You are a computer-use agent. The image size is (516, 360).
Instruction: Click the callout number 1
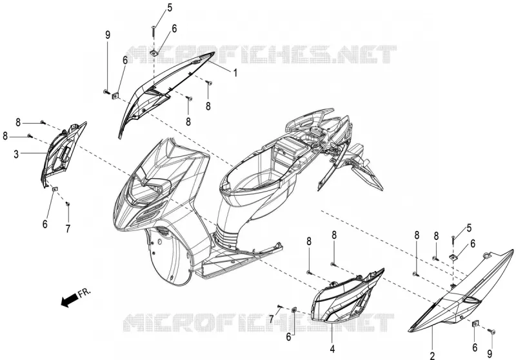(x=235, y=72)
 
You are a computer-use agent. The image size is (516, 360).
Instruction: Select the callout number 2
(x=432, y=355)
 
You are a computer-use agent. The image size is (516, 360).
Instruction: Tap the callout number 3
(x=16, y=154)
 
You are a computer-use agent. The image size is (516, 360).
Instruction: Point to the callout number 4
(x=332, y=349)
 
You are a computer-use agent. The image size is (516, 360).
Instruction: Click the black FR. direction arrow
(x=70, y=300)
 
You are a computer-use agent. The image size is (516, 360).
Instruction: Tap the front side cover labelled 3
(x=63, y=155)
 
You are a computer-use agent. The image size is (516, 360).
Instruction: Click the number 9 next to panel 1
(x=108, y=35)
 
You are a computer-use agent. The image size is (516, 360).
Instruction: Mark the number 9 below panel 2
(x=490, y=354)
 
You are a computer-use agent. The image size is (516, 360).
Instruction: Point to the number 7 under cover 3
(x=68, y=228)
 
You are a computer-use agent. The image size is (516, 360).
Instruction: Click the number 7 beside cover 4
(x=271, y=319)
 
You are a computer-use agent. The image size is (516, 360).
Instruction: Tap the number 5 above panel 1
(x=170, y=7)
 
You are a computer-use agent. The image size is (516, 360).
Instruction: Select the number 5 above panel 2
(x=469, y=228)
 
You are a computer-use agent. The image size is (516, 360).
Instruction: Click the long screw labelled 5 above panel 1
(x=154, y=31)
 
